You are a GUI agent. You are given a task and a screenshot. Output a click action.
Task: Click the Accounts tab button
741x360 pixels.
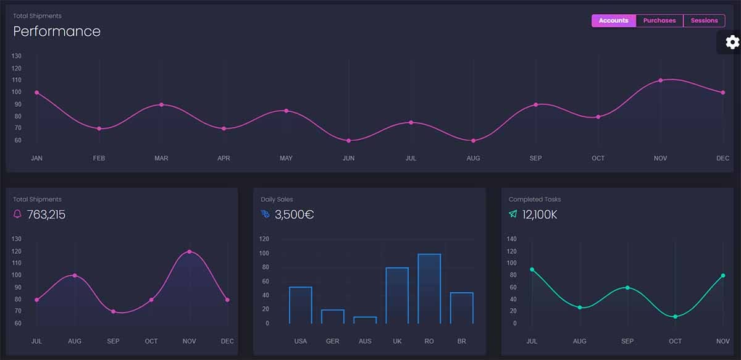tap(613, 21)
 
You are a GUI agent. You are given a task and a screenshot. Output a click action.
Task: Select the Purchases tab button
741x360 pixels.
tap(659, 21)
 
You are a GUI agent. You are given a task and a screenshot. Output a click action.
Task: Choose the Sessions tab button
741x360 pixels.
tap(704, 21)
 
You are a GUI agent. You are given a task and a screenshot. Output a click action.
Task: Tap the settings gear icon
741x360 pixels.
tap(732, 42)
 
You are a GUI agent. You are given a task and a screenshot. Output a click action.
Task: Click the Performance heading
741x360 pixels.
tap(57, 31)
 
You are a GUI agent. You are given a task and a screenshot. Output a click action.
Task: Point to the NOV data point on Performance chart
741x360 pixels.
tap(660, 80)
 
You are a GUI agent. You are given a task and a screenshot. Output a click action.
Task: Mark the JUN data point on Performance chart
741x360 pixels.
tap(348, 141)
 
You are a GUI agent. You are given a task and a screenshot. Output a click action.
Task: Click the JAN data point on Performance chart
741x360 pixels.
tap(37, 93)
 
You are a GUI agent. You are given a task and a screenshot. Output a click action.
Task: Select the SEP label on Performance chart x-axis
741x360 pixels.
tap(535, 159)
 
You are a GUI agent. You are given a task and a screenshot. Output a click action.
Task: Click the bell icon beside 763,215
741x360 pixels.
tap(17, 214)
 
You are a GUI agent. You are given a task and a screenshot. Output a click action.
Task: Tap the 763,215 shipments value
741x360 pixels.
tap(46, 215)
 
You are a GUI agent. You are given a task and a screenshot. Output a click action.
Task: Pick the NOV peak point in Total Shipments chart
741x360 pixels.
tap(190, 252)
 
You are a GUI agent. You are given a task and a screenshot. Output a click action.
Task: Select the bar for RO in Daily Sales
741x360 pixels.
tap(429, 288)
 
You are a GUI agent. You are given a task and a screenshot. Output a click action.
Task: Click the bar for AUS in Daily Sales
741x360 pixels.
tap(365, 320)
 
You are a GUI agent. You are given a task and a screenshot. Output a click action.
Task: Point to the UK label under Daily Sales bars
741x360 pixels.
tap(397, 341)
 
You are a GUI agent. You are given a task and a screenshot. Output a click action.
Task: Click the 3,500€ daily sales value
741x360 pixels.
tap(294, 215)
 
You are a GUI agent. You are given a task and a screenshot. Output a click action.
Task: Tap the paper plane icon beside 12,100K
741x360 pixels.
tap(513, 214)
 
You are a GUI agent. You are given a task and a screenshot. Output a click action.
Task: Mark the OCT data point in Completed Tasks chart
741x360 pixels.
tap(675, 317)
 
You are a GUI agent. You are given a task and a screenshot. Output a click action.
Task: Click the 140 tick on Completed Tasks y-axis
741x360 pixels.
tap(511, 239)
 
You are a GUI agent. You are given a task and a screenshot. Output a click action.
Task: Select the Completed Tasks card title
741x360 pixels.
tap(535, 199)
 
